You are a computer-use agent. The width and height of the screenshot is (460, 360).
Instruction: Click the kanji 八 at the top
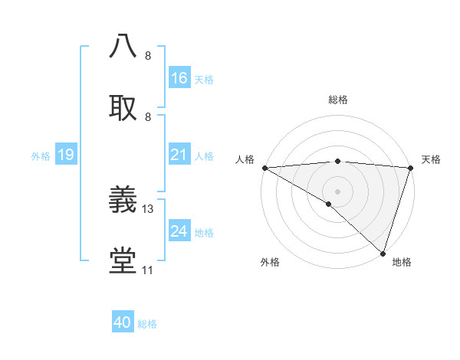point(123,46)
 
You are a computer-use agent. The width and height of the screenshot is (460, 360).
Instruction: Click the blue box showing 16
point(179,78)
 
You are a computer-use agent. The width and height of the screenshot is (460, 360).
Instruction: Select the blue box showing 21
point(179,155)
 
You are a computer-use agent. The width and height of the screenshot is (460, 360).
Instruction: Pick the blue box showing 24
point(179,231)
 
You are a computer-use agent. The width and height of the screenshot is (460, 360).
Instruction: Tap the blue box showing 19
point(66,155)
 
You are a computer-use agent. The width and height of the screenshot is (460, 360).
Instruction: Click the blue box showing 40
point(123,322)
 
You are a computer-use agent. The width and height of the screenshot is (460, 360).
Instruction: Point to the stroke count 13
point(149,208)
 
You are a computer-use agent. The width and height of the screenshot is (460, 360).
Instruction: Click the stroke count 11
point(147,270)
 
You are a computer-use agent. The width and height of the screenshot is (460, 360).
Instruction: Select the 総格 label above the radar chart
point(338,100)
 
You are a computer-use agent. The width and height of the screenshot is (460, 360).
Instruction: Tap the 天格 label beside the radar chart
point(431,159)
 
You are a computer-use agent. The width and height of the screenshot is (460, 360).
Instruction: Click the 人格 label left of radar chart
point(245,159)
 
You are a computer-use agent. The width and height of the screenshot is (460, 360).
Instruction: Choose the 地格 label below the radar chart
point(402,263)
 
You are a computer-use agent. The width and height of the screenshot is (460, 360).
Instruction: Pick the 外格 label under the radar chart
point(269,263)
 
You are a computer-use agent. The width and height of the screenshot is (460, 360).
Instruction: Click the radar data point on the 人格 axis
point(264,168)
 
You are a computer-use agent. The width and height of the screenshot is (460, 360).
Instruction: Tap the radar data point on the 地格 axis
point(383,254)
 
